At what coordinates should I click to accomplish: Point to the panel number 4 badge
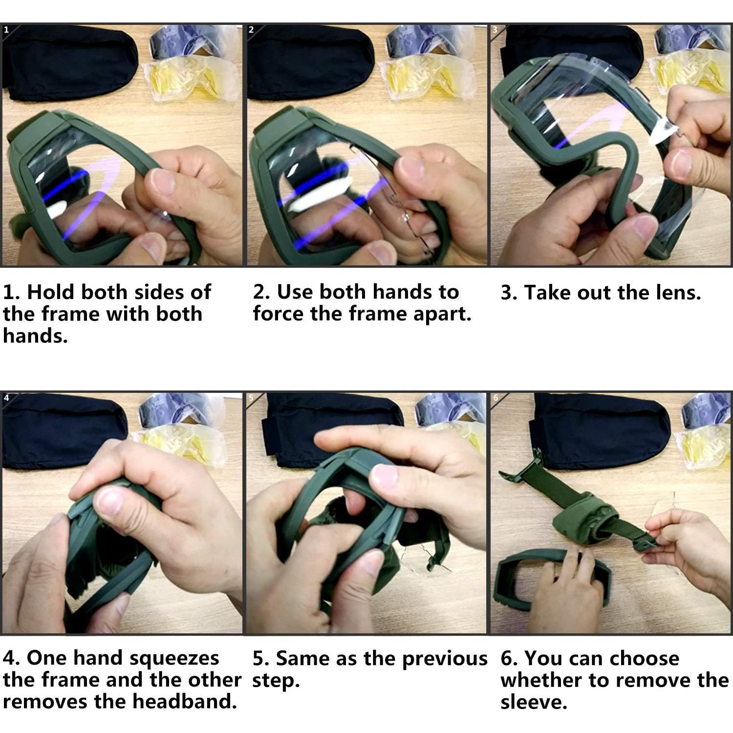pos(6,397)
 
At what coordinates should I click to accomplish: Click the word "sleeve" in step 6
pos(534,702)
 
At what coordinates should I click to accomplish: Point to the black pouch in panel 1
pos(68,63)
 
